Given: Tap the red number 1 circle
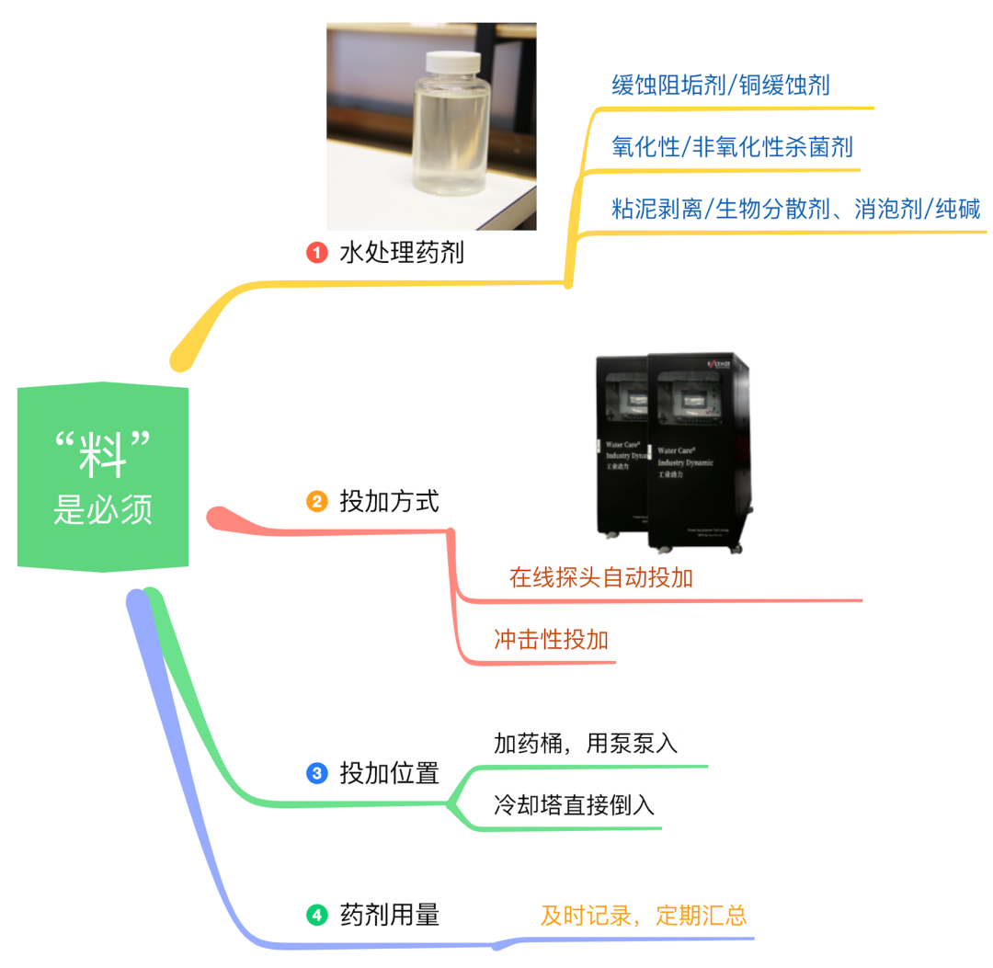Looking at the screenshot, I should coord(317,252).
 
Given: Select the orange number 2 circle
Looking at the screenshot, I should coord(316,502).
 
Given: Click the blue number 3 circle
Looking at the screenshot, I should coord(316,773).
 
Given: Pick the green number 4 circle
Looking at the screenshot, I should coord(316,915).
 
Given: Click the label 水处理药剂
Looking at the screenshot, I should coord(402,252).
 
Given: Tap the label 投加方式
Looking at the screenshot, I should coord(390,502).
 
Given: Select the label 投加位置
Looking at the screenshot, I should coord(390,773).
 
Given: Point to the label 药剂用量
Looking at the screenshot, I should coord(390,915).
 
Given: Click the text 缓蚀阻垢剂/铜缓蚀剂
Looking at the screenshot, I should coord(721,85).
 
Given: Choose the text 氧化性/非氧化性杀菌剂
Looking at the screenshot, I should coord(733,147).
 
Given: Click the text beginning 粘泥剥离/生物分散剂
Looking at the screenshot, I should coord(796,209).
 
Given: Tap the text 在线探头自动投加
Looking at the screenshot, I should coord(601,577).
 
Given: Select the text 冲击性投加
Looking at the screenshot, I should coord(551,640).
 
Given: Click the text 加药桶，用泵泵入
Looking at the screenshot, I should coord(586,744).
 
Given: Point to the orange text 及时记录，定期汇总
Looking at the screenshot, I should coord(644,916).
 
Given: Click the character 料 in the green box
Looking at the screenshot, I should coord(102,454).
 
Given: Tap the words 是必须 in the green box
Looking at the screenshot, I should coord(102,509).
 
